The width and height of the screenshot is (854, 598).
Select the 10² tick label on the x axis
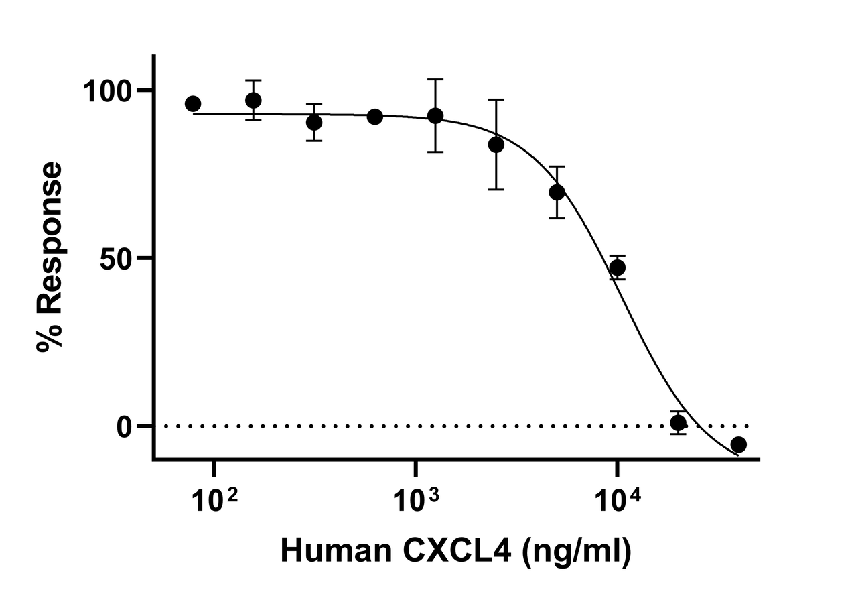click(x=215, y=499)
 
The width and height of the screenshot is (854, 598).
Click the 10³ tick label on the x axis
click(x=417, y=499)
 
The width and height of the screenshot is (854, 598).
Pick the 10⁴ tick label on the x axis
click(x=618, y=499)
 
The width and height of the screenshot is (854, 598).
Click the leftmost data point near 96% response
click(x=193, y=104)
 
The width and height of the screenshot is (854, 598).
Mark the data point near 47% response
click(x=618, y=268)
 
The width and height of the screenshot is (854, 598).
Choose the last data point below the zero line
click(x=739, y=444)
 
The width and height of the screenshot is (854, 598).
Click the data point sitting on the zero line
click(x=679, y=423)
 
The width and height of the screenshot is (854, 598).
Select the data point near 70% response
click(x=557, y=192)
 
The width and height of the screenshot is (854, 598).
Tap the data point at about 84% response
click(x=496, y=145)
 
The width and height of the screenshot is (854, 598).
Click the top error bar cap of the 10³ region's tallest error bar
click(x=435, y=80)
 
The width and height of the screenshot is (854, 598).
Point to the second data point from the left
click(x=253, y=101)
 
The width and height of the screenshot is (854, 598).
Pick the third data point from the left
click(x=314, y=123)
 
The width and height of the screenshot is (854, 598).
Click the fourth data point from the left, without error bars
click(x=375, y=117)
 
